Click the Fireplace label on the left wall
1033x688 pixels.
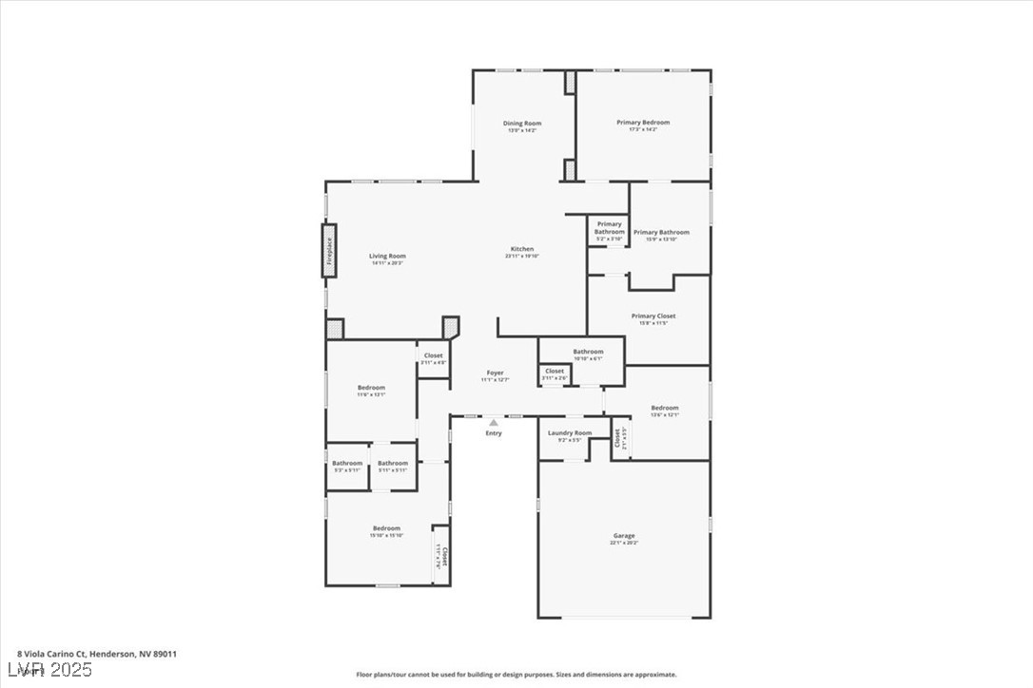click(330, 251)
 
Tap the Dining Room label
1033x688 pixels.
click(521, 124)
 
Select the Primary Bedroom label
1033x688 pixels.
click(643, 123)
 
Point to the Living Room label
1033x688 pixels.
click(387, 256)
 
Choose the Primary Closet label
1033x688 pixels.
click(653, 315)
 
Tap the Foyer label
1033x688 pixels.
click(495, 373)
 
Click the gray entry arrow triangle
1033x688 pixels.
click(493, 423)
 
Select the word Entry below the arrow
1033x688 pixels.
click(494, 433)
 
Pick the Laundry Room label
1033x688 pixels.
click(569, 433)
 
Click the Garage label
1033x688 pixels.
click(624, 536)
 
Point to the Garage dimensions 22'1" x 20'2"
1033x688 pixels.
click(624, 543)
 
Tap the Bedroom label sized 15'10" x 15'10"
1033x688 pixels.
click(386, 528)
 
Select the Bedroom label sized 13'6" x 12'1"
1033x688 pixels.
click(665, 408)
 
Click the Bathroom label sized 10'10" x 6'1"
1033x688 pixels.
click(588, 352)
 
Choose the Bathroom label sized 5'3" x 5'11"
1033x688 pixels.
click(347, 464)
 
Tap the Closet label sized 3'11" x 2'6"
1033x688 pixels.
click(555, 372)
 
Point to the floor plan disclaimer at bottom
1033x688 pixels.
click(516, 675)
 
